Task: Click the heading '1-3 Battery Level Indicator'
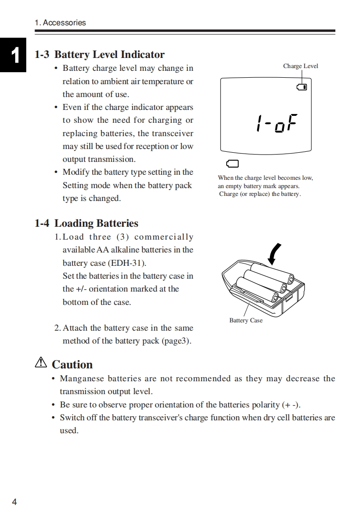point(100,55)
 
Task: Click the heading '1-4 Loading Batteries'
point(86,224)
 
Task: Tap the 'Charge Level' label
point(300,66)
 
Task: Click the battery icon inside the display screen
point(302,87)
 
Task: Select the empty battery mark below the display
point(233,164)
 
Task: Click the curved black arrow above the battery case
point(275,254)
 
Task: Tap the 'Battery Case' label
point(246,321)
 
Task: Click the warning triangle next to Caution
point(41,363)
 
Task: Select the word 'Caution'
point(72,365)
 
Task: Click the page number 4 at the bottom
point(14,502)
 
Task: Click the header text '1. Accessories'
point(60,23)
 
